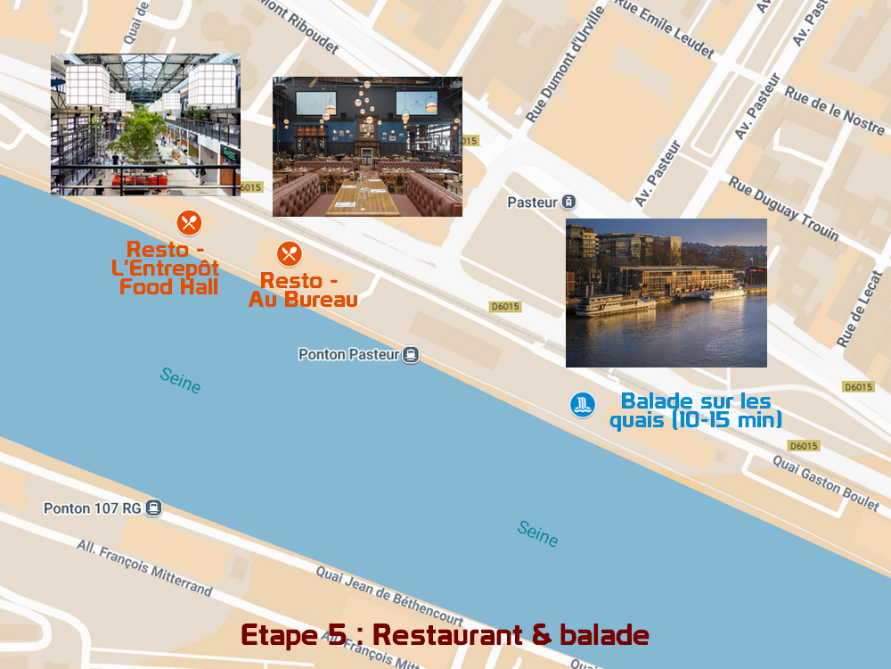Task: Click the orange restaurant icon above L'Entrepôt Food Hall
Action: click(189, 222)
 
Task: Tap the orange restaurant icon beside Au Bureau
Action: click(289, 254)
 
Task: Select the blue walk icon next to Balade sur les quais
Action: click(583, 404)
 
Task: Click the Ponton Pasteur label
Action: click(348, 354)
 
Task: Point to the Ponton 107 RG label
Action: click(92, 508)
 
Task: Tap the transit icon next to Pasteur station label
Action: click(569, 202)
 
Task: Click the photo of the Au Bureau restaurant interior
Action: click(367, 146)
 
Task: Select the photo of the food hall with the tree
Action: click(145, 124)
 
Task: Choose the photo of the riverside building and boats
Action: click(666, 293)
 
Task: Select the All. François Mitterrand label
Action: click(144, 567)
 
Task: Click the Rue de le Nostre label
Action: click(833, 111)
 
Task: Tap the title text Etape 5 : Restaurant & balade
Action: click(445, 635)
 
